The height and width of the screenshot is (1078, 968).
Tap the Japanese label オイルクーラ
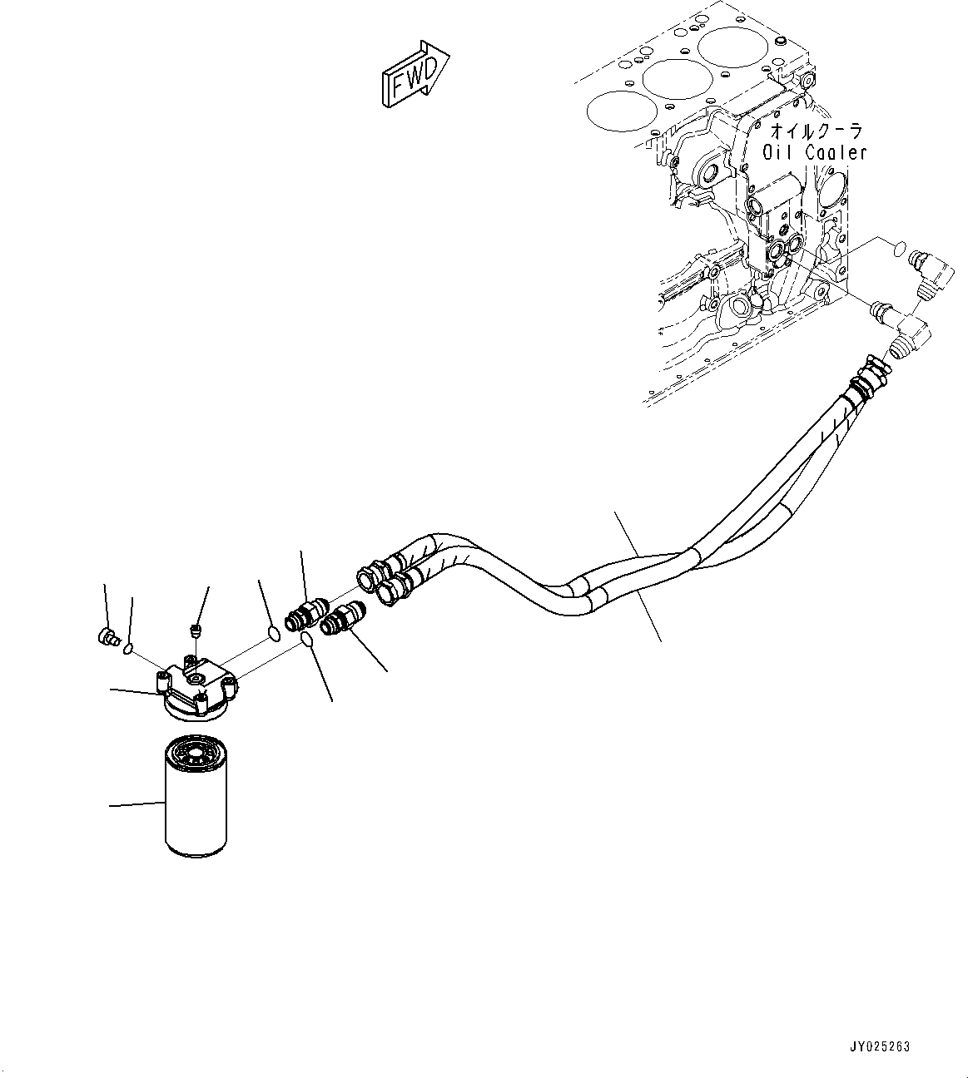pyautogui.click(x=815, y=131)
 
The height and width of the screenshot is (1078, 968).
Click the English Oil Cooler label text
pyautogui.click(x=815, y=153)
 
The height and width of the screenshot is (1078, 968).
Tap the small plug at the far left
pyautogui.click(x=105, y=638)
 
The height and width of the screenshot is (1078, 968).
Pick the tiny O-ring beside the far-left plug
pyautogui.click(x=129, y=648)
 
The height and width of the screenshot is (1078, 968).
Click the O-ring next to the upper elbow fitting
pyautogui.click(x=897, y=248)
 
